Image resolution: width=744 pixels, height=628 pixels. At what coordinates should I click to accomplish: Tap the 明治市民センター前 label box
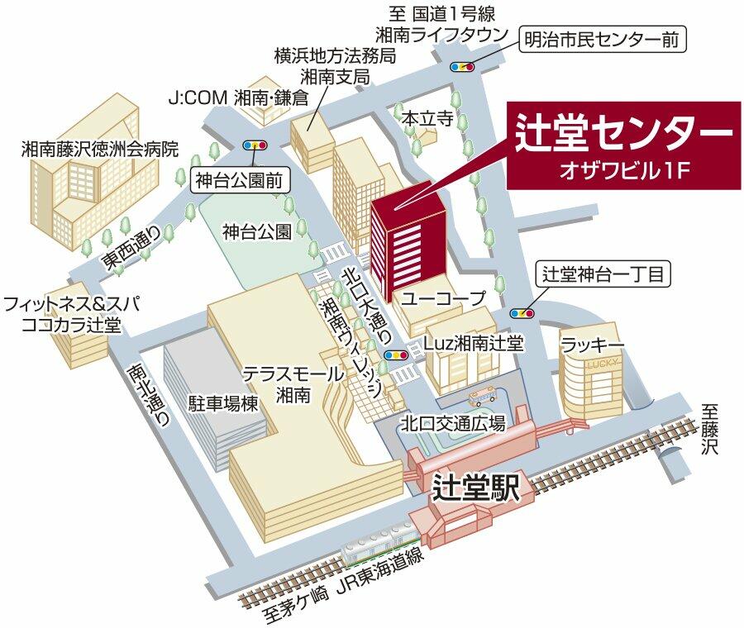(604, 39)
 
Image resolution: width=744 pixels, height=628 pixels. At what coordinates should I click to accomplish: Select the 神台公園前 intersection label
(241, 180)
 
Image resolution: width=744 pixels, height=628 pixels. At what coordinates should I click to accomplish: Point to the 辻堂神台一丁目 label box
(603, 274)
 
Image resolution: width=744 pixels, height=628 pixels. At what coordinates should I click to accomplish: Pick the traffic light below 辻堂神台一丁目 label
(522, 313)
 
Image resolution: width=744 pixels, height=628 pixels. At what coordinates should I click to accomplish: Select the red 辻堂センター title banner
(620, 145)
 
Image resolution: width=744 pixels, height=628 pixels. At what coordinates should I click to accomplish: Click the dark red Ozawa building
(408, 235)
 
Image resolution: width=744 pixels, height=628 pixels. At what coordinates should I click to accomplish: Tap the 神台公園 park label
(257, 232)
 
